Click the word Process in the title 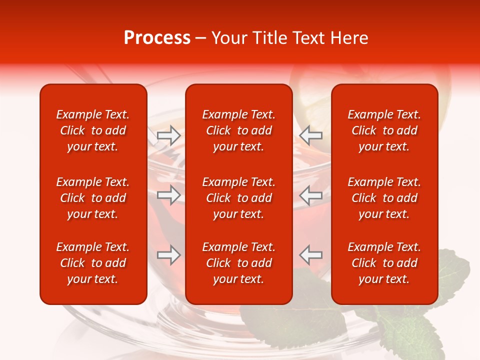(x=157, y=38)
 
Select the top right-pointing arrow (x=168, y=135)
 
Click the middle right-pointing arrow (x=168, y=195)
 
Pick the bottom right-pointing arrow (x=168, y=255)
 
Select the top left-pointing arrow (x=311, y=135)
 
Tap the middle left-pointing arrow (x=311, y=195)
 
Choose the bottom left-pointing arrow (x=311, y=255)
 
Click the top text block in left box (x=93, y=130)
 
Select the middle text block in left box (x=93, y=198)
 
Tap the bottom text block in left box (x=93, y=263)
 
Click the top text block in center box (x=239, y=130)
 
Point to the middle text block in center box (x=239, y=198)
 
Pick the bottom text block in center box (x=239, y=263)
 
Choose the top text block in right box (x=384, y=130)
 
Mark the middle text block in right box (x=384, y=198)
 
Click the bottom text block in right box (x=384, y=263)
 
